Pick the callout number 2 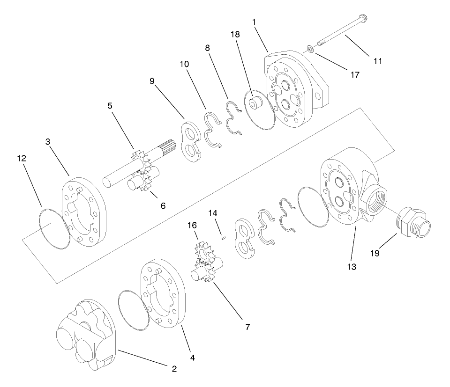click(x=174, y=369)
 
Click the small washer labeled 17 click(x=310, y=49)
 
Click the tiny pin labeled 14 click(x=224, y=237)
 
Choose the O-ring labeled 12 click(x=54, y=229)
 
